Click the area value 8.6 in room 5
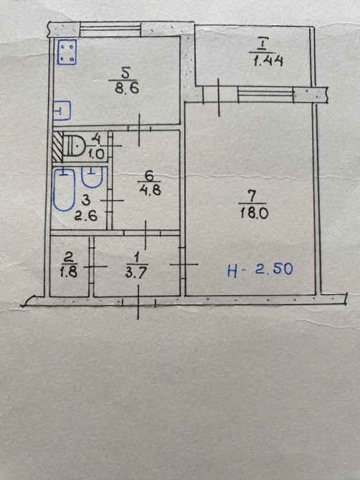(x=127, y=88)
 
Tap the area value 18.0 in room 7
(x=254, y=213)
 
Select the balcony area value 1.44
(x=268, y=61)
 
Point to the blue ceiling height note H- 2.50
(x=260, y=269)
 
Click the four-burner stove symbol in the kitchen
(x=67, y=52)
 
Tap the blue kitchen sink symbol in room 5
(x=62, y=110)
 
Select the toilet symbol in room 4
(x=74, y=145)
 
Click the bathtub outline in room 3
(x=65, y=190)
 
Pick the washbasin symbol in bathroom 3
(x=92, y=178)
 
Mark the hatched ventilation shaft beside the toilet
(x=57, y=147)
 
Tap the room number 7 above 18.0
(x=252, y=196)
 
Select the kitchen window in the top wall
(x=111, y=29)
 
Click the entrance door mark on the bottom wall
(x=138, y=302)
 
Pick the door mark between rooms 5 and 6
(x=139, y=129)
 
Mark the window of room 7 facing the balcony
(x=265, y=95)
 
